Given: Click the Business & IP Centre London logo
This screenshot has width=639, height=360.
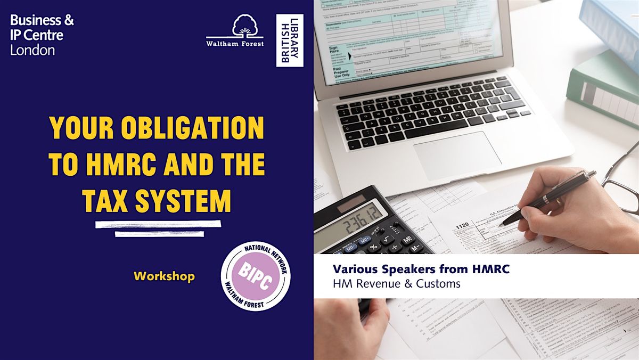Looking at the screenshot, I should click(x=42, y=36).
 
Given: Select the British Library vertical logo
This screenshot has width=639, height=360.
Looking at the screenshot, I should click(x=290, y=40).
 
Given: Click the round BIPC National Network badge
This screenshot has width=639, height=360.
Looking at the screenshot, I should click(x=256, y=276).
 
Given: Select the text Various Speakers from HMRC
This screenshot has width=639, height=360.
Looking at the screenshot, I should click(x=421, y=269).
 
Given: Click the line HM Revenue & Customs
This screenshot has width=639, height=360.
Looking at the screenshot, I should click(x=397, y=284).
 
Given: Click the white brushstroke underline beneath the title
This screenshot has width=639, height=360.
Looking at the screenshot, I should click(x=158, y=227).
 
